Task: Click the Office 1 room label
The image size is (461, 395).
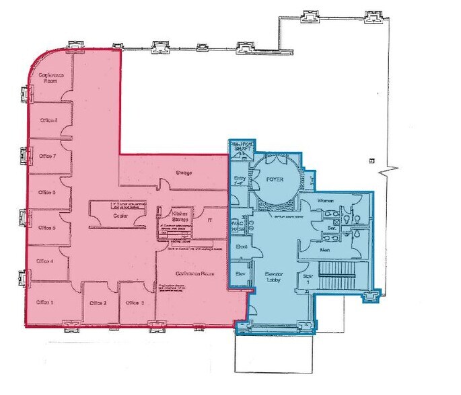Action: (x=45, y=302)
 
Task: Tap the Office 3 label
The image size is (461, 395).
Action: (x=135, y=303)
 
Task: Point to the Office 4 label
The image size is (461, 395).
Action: (x=45, y=260)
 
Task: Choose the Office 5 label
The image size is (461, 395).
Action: (x=46, y=227)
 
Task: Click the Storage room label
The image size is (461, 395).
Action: (x=184, y=173)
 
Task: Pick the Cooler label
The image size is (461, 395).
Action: (x=120, y=216)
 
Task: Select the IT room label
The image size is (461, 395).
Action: (x=209, y=219)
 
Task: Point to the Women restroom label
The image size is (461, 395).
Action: (x=326, y=201)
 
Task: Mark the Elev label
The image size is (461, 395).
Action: (x=240, y=273)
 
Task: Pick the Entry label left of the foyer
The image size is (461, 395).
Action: (x=240, y=180)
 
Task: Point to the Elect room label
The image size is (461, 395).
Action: (x=241, y=247)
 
